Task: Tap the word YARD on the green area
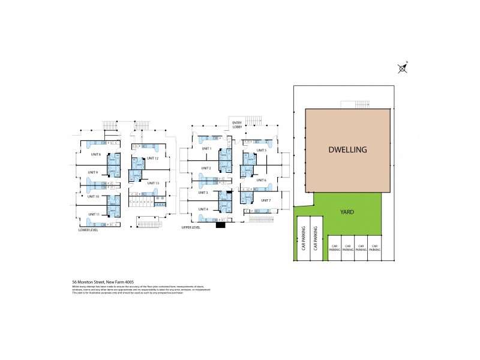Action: [x=347, y=211]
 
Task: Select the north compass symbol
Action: [x=403, y=68]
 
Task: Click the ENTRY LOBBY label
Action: [x=238, y=125]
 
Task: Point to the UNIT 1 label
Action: [x=206, y=148]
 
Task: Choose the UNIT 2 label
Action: [x=206, y=168]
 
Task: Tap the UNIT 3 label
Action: [x=203, y=193]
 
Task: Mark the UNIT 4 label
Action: [x=203, y=209]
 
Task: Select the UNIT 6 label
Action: [x=260, y=180]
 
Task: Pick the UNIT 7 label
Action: [x=266, y=200]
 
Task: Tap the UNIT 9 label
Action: [x=93, y=173]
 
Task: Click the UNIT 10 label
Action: [x=93, y=196]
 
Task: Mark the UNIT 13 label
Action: [x=153, y=183]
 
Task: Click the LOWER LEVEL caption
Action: [x=88, y=230]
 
